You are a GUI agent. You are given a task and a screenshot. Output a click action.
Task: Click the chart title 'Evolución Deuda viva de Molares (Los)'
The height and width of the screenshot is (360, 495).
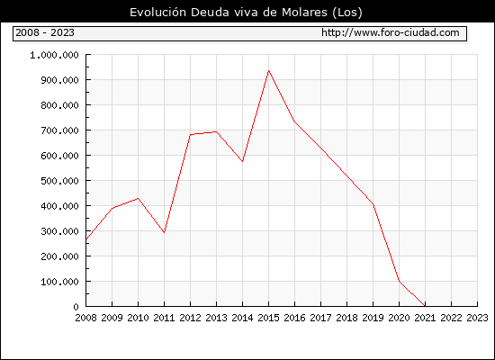[246, 13]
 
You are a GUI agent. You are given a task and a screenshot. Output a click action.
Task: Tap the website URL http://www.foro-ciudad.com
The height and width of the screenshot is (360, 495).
[391, 32]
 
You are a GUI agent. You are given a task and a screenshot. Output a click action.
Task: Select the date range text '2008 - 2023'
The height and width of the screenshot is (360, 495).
[45, 32]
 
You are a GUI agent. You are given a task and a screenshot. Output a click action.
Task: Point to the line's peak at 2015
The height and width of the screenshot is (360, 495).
[269, 71]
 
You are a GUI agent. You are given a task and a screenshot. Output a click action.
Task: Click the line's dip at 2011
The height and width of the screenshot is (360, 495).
[164, 233]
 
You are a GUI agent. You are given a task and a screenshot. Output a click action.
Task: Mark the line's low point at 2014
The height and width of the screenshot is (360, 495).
[242, 161]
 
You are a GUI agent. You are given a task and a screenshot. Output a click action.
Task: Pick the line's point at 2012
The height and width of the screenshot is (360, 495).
[191, 135]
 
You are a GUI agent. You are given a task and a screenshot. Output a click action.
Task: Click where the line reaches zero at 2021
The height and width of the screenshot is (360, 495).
[425, 306]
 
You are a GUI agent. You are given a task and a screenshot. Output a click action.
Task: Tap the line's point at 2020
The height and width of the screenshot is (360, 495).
[399, 281]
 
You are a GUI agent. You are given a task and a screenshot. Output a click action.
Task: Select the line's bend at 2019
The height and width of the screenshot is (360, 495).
[373, 204]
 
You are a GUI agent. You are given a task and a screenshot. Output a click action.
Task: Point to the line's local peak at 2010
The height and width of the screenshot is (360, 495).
[138, 198]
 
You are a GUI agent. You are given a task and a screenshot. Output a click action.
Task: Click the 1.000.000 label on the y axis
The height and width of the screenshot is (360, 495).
[54, 55]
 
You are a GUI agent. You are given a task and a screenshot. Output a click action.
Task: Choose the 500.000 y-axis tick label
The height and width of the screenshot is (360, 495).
[59, 181]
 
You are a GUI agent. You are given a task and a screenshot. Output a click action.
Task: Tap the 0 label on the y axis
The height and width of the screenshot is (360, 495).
[76, 307]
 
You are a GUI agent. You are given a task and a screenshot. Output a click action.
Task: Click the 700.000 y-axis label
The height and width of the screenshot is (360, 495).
[59, 130]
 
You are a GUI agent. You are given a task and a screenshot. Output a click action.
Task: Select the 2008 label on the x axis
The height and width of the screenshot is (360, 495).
[85, 318]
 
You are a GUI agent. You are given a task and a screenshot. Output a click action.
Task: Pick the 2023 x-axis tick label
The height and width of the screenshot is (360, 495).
[477, 318]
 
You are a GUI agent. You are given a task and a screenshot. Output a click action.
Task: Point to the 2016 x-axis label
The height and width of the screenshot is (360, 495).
[294, 318]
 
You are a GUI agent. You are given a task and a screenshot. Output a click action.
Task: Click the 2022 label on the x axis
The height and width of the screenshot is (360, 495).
[451, 318]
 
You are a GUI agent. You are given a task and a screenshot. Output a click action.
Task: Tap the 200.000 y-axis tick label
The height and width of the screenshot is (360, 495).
[59, 256]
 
